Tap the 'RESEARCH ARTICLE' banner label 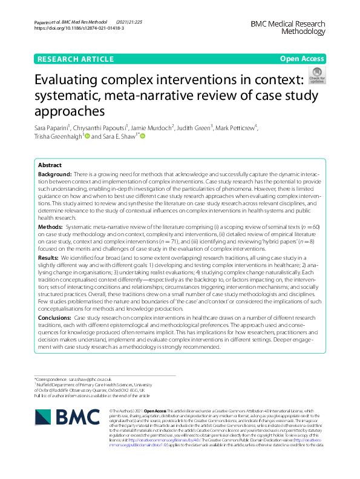tap(76, 59)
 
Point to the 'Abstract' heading tap(50, 165)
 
